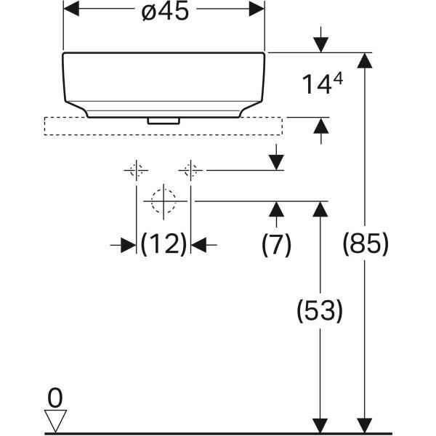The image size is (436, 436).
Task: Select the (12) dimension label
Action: [163, 245]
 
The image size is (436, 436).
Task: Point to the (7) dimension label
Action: [276, 245]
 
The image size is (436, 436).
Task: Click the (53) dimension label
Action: [319, 311]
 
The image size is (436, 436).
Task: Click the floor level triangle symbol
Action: [55, 420]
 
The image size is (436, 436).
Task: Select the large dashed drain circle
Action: [163, 200]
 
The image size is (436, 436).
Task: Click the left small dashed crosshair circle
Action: [136, 171]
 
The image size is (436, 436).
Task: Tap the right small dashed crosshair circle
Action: [191, 171]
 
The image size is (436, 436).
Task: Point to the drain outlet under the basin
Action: [163, 121]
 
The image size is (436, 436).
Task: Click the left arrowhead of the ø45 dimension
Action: [72, 9]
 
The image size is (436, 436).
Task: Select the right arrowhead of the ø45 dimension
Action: [257, 9]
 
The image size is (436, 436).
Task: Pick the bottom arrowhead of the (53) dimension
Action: [319, 426]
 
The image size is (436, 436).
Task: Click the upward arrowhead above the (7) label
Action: [276, 209]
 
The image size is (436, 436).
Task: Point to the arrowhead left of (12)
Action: [128, 245]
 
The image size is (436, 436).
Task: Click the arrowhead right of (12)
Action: [200, 245]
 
